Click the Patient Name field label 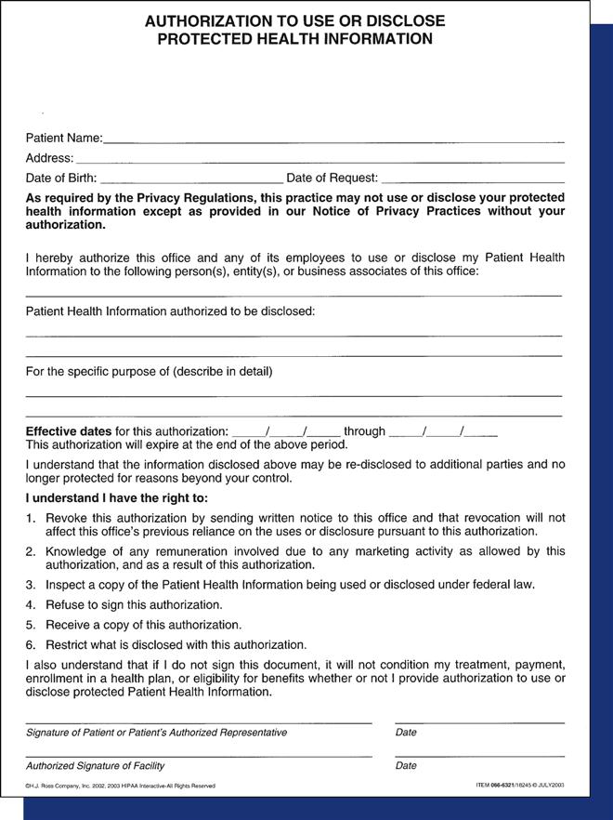click(63, 139)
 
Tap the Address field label click(49, 158)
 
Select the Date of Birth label click(60, 178)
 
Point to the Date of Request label click(332, 178)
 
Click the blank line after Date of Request click(473, 179)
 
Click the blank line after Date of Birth click(190, 179)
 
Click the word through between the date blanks click(364, 431)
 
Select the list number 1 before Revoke click(31, 518)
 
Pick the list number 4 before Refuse click(31, 604)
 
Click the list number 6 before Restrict click(31, 644)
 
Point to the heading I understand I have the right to click(116, 497)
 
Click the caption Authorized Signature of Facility click(95, 766)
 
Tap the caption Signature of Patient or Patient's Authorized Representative click(156, 733)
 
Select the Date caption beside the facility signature click(406, 766)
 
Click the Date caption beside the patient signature click(406, 733)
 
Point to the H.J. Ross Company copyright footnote click(120, 787)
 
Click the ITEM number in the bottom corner click(519, 787)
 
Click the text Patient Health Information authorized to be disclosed click(170, 311)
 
